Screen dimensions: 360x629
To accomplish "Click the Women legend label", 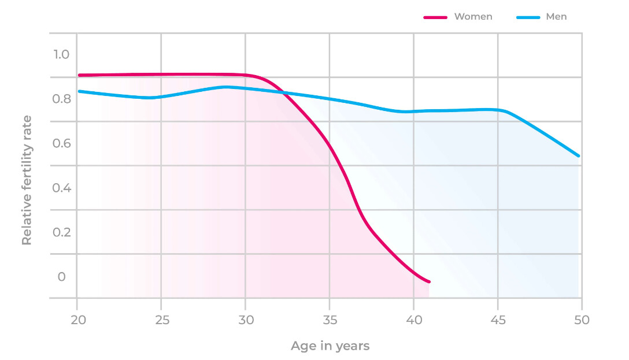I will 473,17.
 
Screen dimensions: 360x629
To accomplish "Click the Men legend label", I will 556,17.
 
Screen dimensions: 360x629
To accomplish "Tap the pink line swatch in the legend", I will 435,17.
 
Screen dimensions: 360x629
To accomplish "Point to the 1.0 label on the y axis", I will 61,54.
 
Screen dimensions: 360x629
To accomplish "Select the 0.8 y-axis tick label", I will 61,99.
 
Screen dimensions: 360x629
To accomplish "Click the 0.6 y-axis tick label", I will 61,143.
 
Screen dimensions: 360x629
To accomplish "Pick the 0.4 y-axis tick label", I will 61,188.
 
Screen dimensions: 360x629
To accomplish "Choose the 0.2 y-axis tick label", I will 61,232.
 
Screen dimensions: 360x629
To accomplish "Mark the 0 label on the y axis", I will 62,277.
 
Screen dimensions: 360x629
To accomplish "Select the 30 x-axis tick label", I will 245,320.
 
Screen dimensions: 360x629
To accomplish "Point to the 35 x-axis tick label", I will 330,320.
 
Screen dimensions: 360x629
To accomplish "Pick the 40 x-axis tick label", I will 413,320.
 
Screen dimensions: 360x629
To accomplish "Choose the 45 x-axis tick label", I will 498,320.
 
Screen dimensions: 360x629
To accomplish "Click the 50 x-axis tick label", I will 582,320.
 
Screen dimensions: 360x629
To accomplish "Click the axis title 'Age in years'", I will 330,346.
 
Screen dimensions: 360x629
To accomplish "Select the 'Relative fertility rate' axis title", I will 27,180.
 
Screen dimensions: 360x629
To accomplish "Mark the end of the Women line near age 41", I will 429,281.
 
